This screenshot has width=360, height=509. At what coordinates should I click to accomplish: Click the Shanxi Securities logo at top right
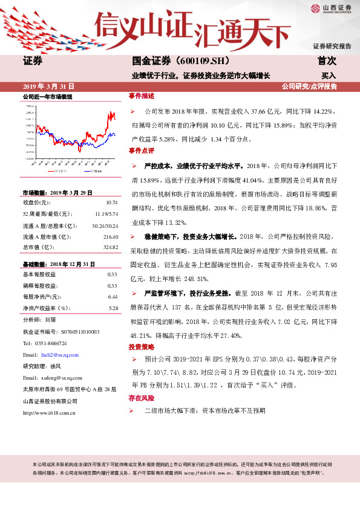click(330, 8)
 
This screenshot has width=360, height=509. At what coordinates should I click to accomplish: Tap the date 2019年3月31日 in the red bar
click(49, 86)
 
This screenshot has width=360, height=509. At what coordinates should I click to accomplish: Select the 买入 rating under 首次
click(329, 76)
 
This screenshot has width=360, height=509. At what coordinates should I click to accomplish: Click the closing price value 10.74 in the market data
click(111, 202)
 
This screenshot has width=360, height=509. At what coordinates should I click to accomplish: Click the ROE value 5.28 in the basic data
click(112, 308)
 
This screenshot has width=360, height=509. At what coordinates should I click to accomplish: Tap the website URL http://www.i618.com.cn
click(48, 413)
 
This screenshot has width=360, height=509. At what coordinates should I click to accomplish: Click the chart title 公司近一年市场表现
click(47, 97)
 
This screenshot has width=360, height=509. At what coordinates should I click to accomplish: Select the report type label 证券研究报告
click(332, 47)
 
